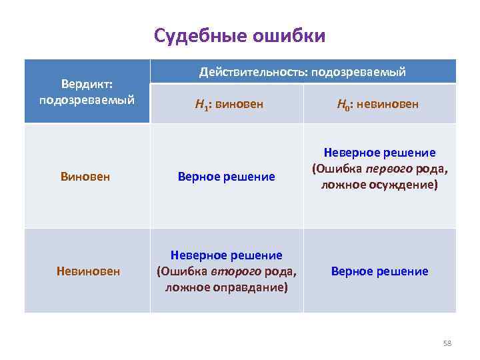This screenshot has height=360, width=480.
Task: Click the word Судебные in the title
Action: [200, 35]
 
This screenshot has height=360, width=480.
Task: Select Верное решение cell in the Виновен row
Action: [226, 177]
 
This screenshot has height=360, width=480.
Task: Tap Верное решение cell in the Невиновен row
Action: [379, 271]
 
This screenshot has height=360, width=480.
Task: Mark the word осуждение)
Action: [405, 185]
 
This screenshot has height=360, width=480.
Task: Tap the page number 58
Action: [447, 343]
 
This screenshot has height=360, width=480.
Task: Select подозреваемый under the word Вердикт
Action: [87, 100]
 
